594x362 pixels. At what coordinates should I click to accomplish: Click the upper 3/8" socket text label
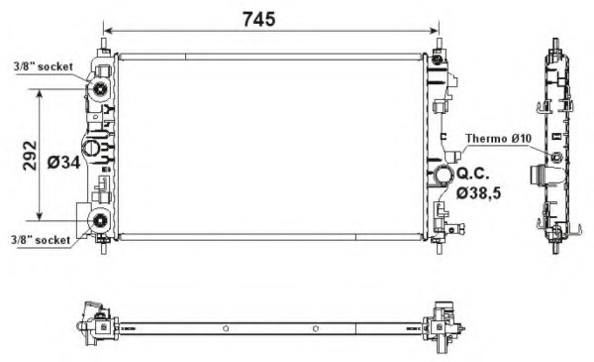pos(43,65)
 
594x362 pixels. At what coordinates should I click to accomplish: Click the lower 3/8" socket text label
pos(41,239)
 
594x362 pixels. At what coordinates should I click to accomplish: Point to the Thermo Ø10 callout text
pos(500,139)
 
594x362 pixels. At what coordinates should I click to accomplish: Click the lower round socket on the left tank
pos(99,221)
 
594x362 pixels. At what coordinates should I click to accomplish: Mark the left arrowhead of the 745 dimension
pos(108,31)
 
